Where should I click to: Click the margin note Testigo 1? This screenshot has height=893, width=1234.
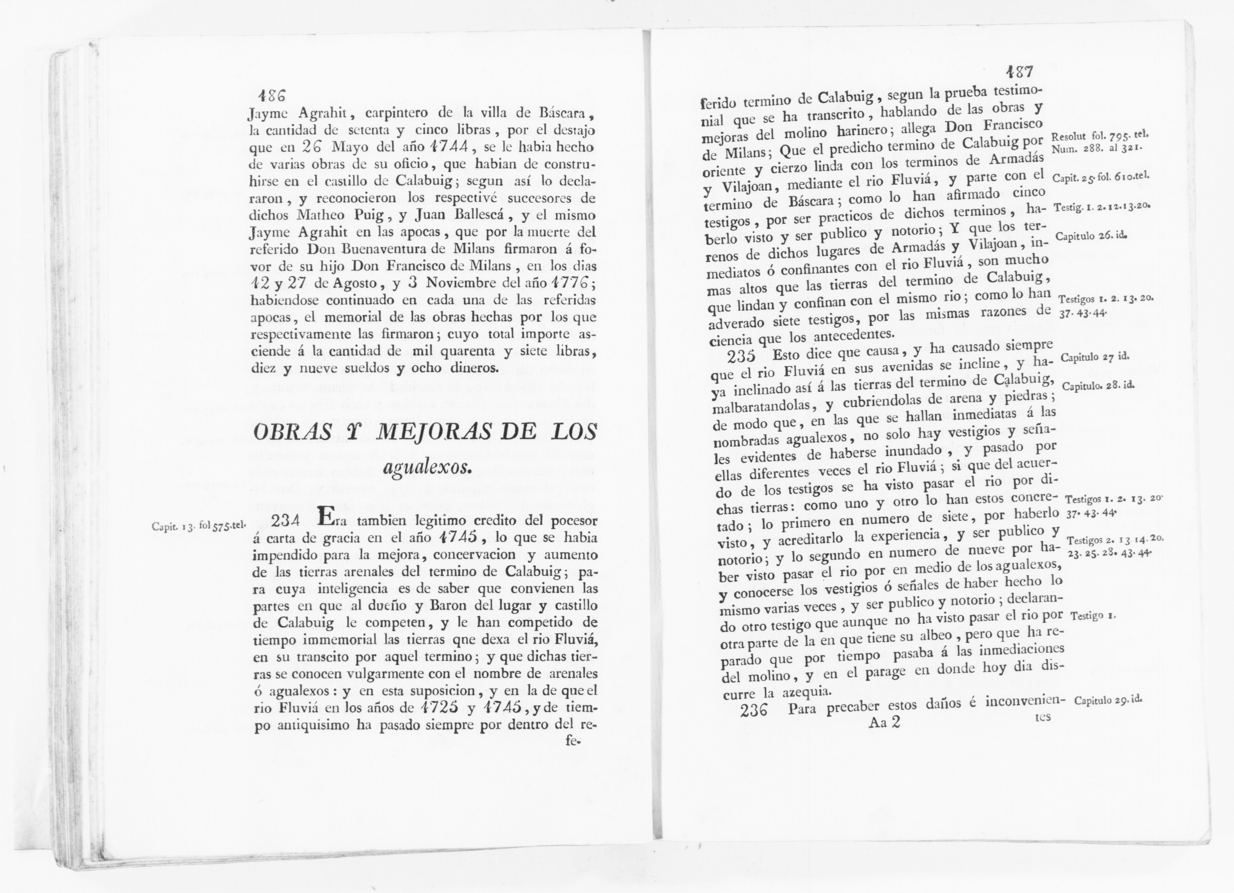(1093, 616)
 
